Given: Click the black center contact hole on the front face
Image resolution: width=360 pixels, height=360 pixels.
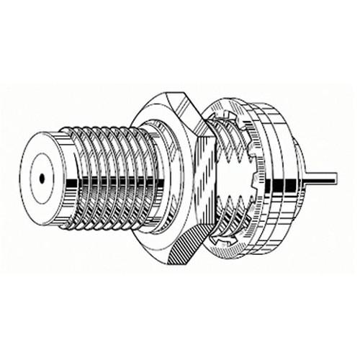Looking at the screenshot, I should [x=42, y=175].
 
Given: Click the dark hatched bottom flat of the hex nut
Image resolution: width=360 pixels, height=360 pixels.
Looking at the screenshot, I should [x=184, y=248].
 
